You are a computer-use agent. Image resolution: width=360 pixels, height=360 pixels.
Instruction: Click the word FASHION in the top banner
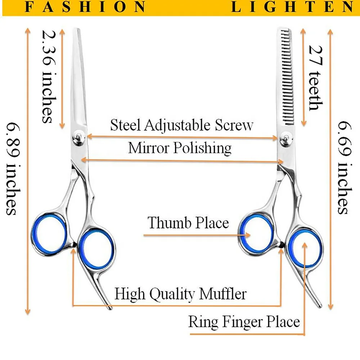[86, 7]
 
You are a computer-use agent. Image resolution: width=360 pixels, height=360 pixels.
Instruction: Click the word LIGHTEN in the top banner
[292, 7]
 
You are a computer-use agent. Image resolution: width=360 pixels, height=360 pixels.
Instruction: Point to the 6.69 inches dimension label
[344, 167]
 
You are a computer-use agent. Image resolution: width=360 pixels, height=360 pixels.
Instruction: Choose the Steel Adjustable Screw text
[182, 125]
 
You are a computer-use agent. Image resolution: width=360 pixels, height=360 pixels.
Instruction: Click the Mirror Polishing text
[180, 148]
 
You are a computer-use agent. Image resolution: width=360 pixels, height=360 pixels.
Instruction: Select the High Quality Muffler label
[180, 294]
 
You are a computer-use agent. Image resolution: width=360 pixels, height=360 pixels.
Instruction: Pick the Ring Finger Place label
[244, 321]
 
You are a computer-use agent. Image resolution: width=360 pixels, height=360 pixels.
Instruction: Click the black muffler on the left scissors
[74, 245]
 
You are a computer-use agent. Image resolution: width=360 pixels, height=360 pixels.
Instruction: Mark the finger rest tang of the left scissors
[104, 295]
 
